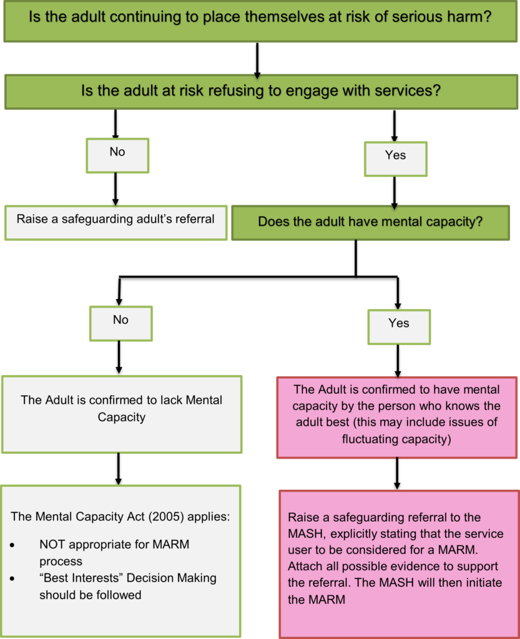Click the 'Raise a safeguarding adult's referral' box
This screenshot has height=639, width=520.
click(115, 220)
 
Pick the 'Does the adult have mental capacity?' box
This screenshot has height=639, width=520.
click(370, 222)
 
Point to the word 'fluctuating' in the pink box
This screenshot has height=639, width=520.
click(371, 439)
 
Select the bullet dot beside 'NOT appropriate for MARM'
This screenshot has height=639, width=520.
click(13, 545)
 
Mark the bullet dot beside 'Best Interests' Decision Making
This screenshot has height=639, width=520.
click(13, 578)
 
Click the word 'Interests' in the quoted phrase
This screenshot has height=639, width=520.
click(99, 578)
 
